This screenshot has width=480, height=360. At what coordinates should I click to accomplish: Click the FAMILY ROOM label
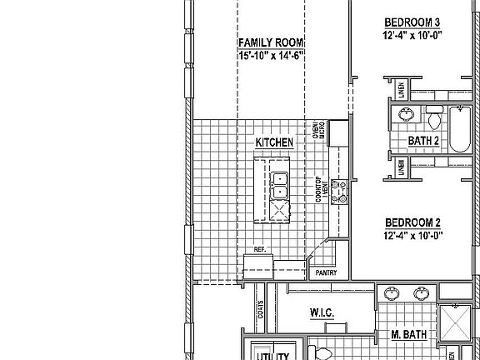270,42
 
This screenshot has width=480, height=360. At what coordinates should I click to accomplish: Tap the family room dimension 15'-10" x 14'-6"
270,55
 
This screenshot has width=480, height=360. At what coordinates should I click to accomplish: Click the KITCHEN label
274,143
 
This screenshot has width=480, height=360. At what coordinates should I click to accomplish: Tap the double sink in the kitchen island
280,185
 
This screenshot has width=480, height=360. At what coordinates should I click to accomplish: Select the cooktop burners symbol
339,191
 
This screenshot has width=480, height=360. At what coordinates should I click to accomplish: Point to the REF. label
259,250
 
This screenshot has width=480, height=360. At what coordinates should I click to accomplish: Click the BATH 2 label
423,141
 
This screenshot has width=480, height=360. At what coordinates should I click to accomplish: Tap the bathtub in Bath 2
460,129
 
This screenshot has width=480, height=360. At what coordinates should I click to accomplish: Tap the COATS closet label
260,312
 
